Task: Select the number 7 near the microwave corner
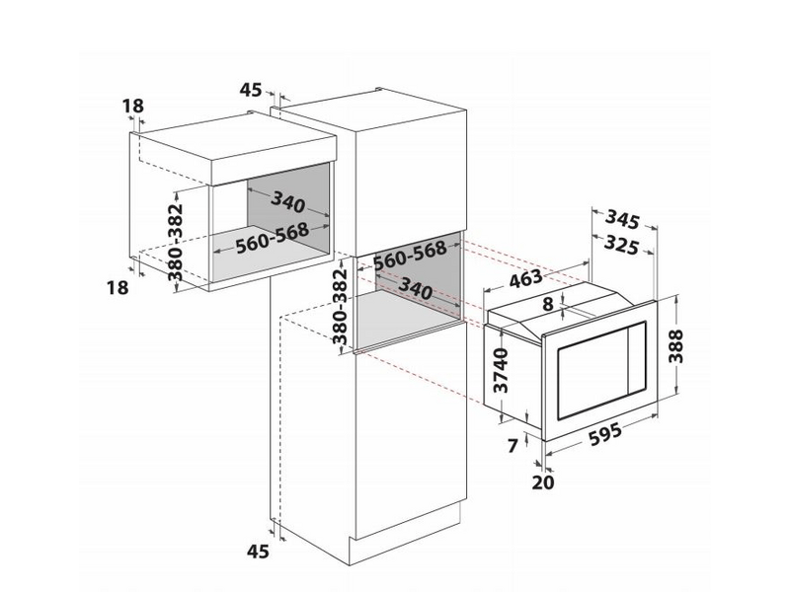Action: coord(512,446)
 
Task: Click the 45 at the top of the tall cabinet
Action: coord(252,90)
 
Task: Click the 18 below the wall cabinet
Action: coord(117,287)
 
